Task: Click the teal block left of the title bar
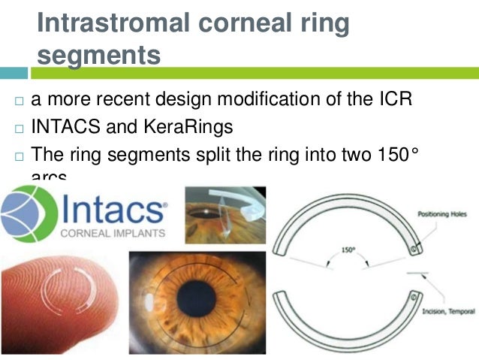pyautogui.click(x=14, y=74)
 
